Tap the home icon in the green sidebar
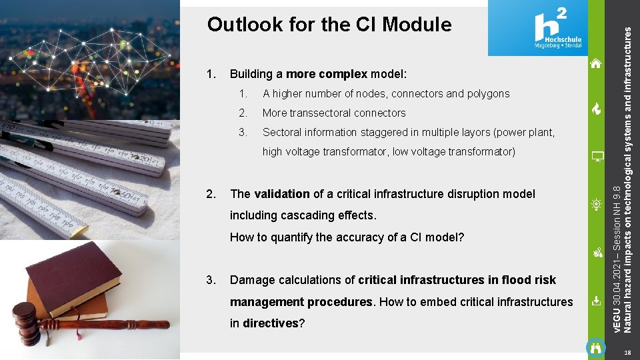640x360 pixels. click(x=596, y=64)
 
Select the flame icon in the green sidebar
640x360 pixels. click(x=597, y=110)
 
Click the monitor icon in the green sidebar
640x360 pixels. click(x=597, y=157)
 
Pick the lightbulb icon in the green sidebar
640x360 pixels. click(x=597, y=205)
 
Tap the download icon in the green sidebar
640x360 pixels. click(x=597, y=301)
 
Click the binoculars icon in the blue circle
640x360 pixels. click(x=597, y=348)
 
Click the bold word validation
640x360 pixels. click(x=281, y=194)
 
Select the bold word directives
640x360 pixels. click(x=270, y=323)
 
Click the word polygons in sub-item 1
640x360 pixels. click(x=489, y=93)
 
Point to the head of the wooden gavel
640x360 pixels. click(x=25, y=323)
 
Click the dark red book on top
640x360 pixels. click(x=73, y=273)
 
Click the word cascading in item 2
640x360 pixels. click(x=309, y=215)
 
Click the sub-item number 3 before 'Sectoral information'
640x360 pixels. click(x=243, y=132)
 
